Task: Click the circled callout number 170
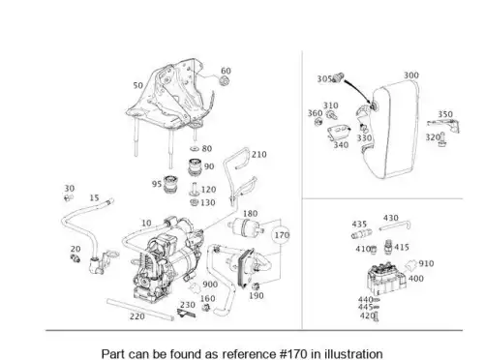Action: (282, 235)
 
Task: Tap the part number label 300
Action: (411, 75)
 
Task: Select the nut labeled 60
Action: (225, 81)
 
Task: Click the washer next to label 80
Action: (195, 149)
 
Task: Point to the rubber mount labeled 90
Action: (195, 167)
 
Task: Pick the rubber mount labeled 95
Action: (170, 185)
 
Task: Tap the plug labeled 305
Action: (338, 77)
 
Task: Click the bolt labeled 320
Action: (442, 139)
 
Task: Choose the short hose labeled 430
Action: (395, 225)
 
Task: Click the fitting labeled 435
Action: (361, 234)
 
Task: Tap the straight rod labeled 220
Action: (140, 310)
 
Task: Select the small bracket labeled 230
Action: (186, 313)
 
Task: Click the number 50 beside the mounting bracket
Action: (137, 85)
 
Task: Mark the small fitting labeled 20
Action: (76, 258)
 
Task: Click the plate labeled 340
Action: (339, 133)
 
